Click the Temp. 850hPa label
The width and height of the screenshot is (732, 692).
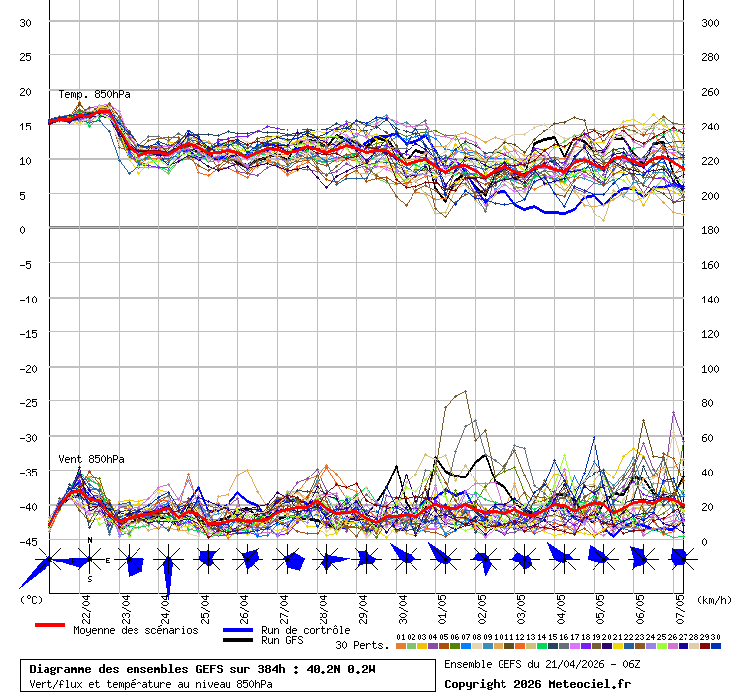[94, 95]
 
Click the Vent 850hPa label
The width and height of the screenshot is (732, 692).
[91, 459]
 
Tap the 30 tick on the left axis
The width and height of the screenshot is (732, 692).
[26, 22]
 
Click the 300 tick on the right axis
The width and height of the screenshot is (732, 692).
[709, 22]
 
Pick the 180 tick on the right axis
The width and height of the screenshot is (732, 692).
[709, 229]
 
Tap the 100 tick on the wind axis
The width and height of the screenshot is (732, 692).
[709, 368]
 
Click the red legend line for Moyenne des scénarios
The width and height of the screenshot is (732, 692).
[49, 626]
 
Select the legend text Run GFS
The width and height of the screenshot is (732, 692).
[282, 640]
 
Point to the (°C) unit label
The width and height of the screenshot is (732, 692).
[31, 599]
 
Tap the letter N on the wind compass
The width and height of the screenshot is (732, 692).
[90, 540]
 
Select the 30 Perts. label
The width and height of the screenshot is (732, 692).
[362, 645]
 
